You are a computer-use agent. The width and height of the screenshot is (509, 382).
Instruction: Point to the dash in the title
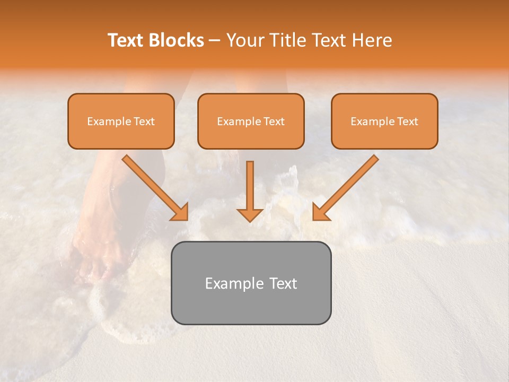click(x=215, y=41)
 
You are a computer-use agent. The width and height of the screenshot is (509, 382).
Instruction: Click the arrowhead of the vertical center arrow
click(x=250, y=215)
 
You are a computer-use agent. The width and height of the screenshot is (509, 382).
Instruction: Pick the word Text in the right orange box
click(x=408, y=121)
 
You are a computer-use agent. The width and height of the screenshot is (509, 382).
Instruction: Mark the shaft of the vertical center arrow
click(x=250, y=183)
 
